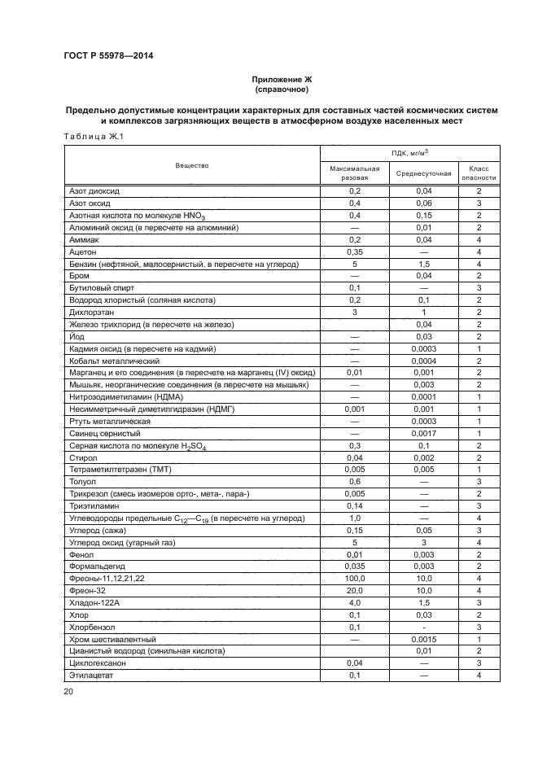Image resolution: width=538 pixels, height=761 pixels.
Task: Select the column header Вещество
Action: click(x=191, y=165)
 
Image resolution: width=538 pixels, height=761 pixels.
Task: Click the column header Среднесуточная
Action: click(x=423, y=173)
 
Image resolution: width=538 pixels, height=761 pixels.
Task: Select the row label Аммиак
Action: click(x=85, y=240)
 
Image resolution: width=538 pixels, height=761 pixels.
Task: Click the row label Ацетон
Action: click(x=83, y=252)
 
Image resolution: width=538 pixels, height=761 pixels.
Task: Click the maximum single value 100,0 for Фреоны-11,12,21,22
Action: click(x=354, y=578)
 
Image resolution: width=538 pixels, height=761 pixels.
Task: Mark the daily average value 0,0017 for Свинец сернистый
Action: click(x=423, y=433)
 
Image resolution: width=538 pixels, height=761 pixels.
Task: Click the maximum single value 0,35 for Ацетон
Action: click(x=354, y=252)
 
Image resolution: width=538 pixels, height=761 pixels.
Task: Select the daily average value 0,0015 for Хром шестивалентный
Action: click(x=423, y=638)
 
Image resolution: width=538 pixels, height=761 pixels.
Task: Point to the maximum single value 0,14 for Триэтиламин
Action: click(x=354, y=505)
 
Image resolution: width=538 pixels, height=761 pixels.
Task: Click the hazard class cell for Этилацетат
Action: click(x=479, y=675)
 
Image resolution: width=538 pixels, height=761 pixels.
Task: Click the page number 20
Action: click(x=68, y=692)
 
